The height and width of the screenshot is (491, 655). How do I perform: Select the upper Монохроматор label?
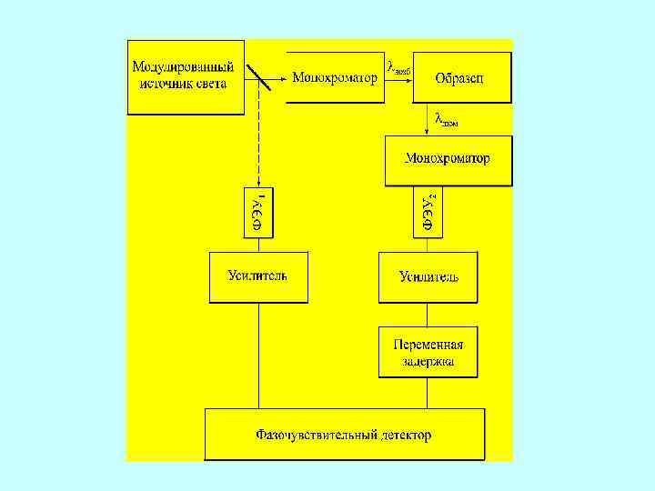tap(334, 77)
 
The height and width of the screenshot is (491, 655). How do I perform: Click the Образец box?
tap(462, 77)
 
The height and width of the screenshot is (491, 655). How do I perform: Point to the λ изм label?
tap(446, 119)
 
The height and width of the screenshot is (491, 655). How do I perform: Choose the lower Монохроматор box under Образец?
tap(448, 159)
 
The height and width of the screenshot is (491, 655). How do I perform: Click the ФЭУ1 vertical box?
tap(257, 211)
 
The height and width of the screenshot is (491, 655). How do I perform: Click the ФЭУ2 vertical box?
tap(428, 211)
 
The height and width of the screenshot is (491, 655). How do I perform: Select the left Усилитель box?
tap(258, 276)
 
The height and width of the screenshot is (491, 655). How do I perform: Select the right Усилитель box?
tap(428, 276)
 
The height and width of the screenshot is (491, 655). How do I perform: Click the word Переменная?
tap(428, 345)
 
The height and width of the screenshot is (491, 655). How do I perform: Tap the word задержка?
tap(428, 361)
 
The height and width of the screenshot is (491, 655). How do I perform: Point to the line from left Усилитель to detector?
tap(258, 355)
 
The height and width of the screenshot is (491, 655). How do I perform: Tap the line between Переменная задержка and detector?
tap(428, 393)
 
